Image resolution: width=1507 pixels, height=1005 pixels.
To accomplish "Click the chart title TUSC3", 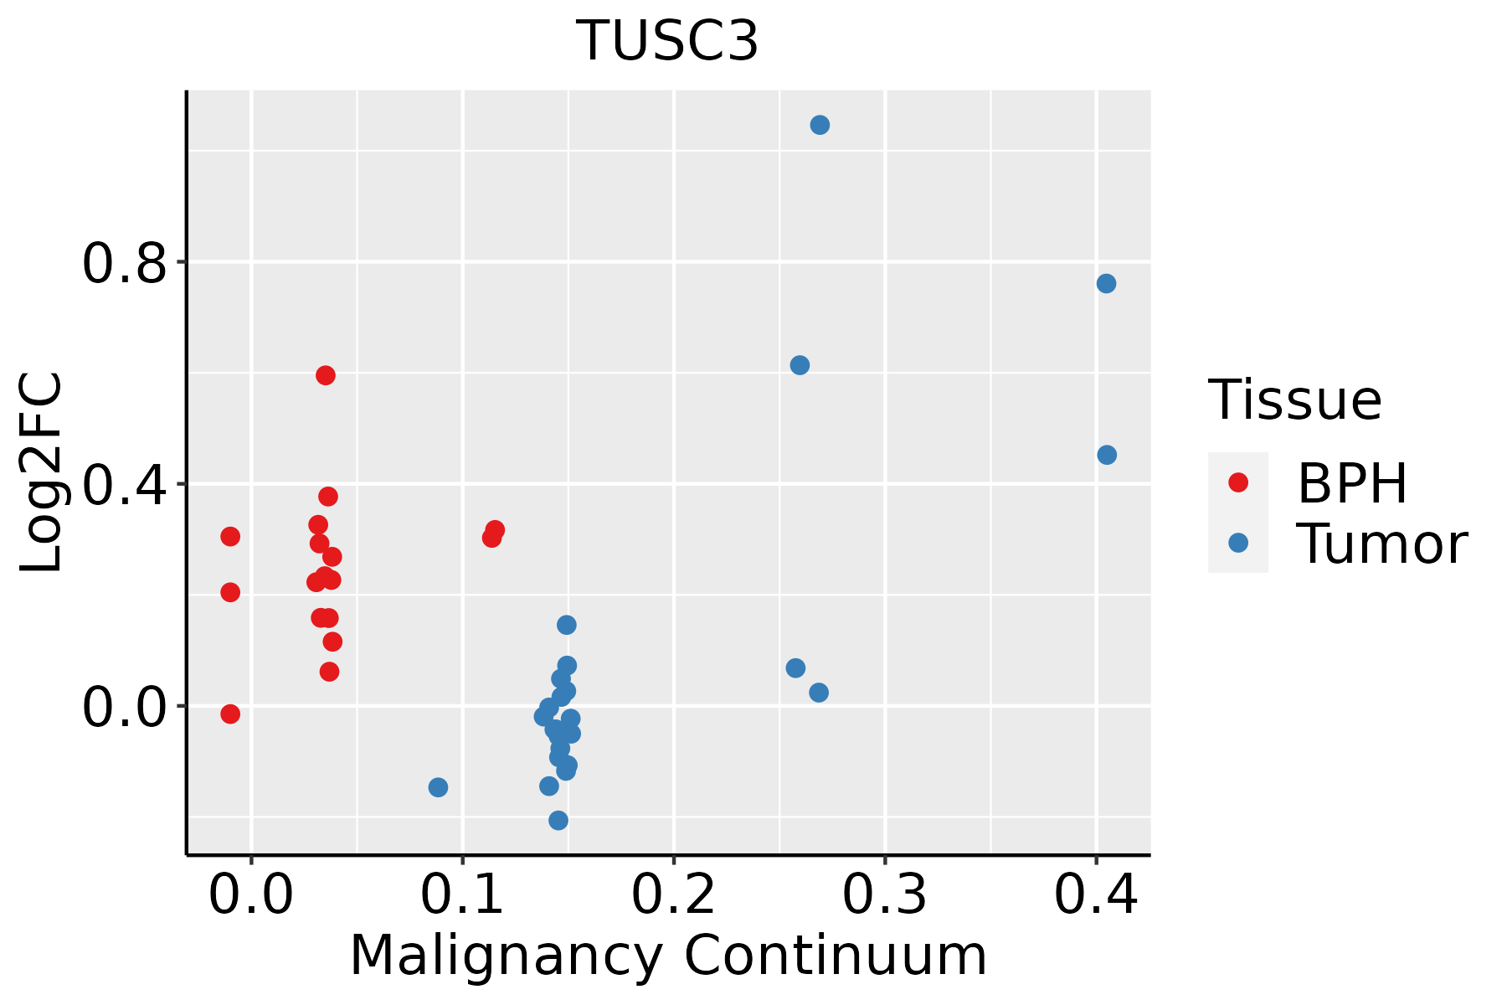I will pos(667,42).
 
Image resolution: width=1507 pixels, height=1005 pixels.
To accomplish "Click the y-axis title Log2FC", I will pos(42,473).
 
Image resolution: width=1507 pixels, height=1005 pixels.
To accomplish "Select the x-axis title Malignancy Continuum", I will pos(668,956).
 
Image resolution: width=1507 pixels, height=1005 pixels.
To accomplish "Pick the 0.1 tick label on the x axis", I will pos(462,895).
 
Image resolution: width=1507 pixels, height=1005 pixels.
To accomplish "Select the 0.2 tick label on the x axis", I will pos(673,895).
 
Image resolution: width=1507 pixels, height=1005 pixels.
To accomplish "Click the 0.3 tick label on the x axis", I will pos(884,895).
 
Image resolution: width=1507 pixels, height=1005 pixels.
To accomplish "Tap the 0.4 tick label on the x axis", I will pos(1095,895).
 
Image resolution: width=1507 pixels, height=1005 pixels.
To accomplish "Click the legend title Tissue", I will pos(1295,400).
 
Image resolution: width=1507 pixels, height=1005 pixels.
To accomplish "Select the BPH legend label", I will pos(1352,483).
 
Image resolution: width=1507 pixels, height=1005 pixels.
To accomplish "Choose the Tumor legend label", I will pos(1381,544).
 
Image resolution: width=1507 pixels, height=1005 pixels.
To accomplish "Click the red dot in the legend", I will pos(1237,482).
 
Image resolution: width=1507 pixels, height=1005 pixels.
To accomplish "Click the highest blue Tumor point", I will pos(820,125).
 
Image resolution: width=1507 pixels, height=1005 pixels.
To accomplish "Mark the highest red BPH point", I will pos(326,375).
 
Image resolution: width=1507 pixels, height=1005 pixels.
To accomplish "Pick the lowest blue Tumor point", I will pos(558,820).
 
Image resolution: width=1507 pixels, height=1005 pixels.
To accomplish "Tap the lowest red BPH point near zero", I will pos(230,714).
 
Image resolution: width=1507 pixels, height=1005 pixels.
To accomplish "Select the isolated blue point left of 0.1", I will pos(438,787).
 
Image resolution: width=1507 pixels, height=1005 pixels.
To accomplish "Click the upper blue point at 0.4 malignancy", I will pos(1106,283).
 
